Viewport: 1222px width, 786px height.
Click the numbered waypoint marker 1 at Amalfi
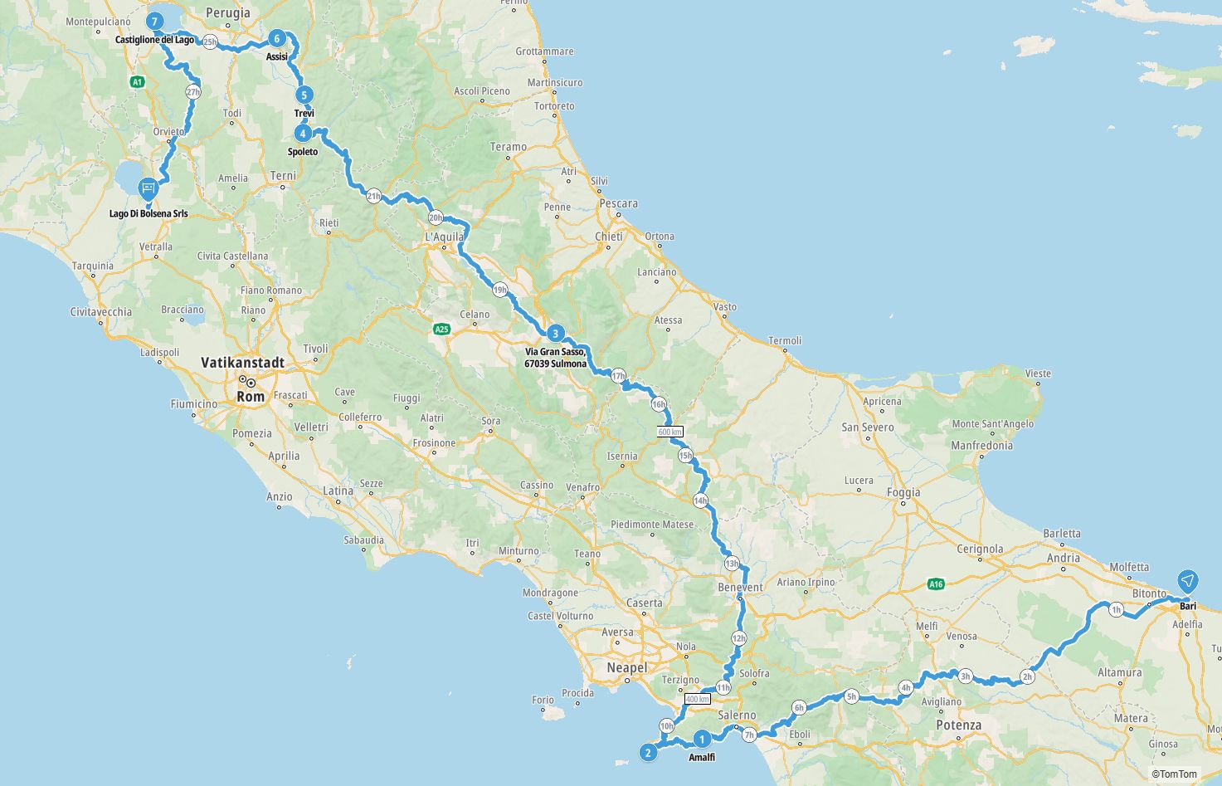(702, 739)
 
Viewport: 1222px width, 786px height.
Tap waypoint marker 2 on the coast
(649, 753)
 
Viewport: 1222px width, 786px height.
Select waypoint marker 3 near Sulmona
(555, 334)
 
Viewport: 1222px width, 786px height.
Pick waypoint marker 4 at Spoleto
(304, 133)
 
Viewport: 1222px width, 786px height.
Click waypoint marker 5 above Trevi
(304, 95)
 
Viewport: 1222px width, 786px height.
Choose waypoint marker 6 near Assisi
(277, 38)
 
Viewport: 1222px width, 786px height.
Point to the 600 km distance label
(670, 432)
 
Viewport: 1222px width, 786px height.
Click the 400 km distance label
(698, 700)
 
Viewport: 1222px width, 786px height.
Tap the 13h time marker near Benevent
(731, 564)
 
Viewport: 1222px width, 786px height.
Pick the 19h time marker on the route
(499, 290)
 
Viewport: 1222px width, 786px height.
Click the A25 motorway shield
(441, 330)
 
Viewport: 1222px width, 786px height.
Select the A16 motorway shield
(936, 584)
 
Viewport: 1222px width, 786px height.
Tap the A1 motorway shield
(138, 81)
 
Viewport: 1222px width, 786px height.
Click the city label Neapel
(626, 667)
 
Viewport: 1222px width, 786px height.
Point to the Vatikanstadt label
(243, 363)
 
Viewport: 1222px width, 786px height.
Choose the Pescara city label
(618, 203)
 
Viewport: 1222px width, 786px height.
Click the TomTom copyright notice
(1175, 774)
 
